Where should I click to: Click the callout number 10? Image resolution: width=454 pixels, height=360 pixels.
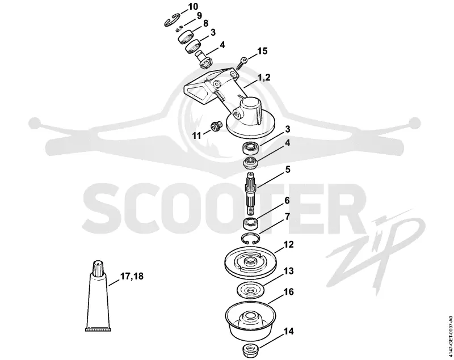point(193,6)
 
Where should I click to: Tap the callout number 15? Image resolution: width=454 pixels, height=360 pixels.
point(262,51)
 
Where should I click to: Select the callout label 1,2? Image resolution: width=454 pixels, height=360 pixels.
point(264,77)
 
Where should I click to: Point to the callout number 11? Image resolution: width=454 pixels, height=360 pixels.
point(196,135)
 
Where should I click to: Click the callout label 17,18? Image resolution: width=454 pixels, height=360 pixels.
point(132,276)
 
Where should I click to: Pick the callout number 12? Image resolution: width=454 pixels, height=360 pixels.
point(288,244)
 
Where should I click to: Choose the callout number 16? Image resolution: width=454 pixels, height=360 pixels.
point(289,291)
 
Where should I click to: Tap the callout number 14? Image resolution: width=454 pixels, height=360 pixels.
point(288,331)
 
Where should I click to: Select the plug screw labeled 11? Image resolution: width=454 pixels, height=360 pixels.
point(216,126)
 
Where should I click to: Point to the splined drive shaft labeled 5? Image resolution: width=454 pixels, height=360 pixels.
point(250,192)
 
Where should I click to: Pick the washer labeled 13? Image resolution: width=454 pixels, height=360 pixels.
point(251,290)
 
